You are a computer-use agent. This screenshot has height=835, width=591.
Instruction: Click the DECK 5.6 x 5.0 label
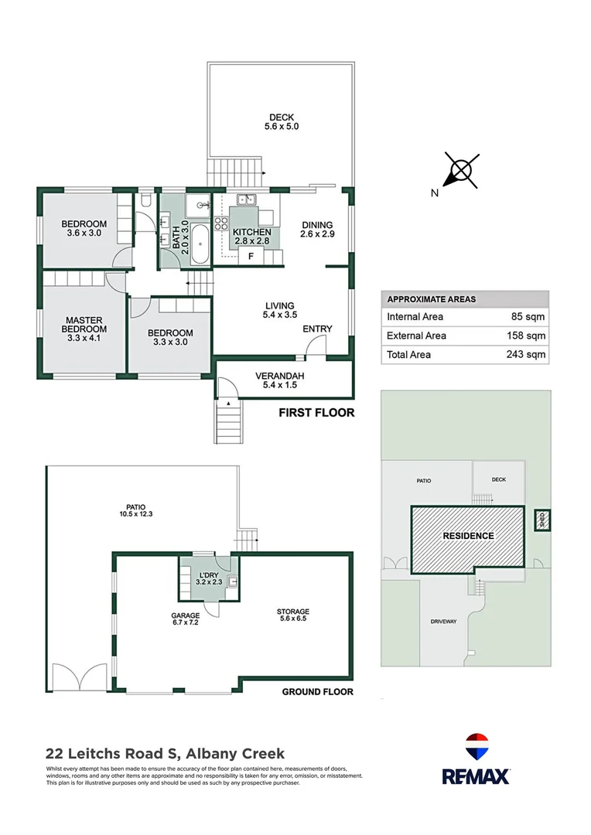[282, 121]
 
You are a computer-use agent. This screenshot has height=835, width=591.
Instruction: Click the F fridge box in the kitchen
[250, 257]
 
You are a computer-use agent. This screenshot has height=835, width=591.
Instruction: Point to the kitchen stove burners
[220, 224]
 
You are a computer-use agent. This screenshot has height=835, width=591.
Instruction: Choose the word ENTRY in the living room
[317, 329]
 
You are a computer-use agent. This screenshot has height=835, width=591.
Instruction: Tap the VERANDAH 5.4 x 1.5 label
[280, 381]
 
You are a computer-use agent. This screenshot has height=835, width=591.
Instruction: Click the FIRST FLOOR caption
[316, 413]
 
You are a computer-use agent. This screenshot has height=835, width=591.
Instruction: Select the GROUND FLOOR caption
[317, 692]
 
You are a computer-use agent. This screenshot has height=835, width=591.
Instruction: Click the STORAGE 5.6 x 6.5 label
[293, 616]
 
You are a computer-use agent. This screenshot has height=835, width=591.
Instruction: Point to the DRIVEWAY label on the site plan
[443, 622]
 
